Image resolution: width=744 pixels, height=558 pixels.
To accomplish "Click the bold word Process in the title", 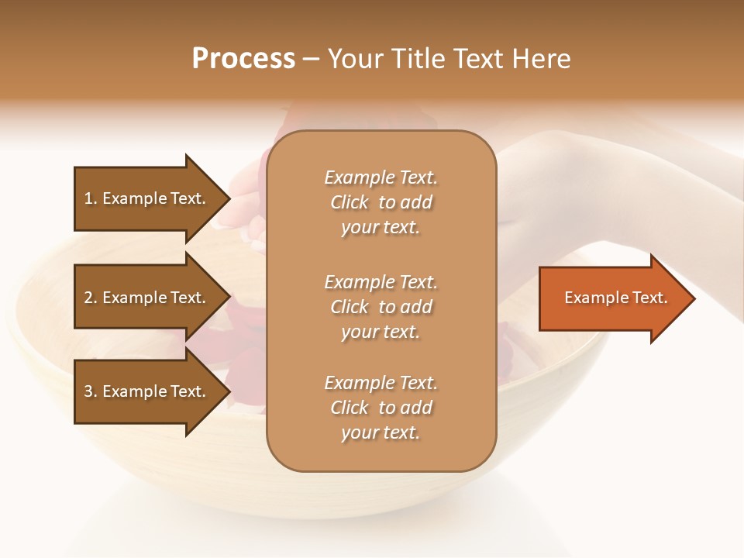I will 243,59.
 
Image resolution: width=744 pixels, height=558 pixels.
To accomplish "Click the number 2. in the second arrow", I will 90,298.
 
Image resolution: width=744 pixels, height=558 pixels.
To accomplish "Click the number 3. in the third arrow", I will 90,391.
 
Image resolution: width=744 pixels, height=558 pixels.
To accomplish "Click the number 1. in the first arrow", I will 90,198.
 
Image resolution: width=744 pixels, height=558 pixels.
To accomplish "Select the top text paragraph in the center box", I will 381,202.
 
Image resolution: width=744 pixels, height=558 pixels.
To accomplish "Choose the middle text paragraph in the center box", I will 381,307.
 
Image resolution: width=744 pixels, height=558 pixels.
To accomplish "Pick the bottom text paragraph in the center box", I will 381,408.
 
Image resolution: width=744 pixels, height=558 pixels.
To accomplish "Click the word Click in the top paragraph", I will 350,202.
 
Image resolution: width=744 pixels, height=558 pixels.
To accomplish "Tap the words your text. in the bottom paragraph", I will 381,432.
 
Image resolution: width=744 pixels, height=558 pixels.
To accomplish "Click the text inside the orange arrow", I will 615,298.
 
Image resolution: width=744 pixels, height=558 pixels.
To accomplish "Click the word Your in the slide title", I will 353,59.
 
